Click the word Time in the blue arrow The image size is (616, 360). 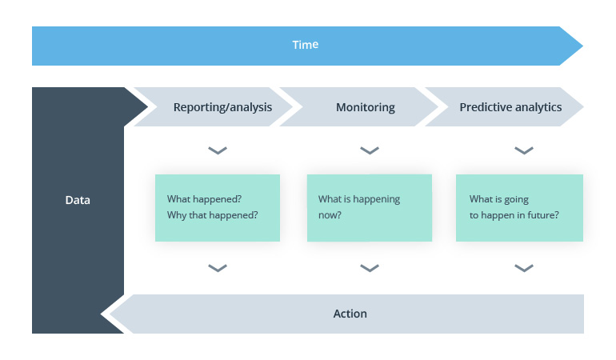click(305, 45)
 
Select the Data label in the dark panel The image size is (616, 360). click(78, 200)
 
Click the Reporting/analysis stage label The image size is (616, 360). click(222, 107)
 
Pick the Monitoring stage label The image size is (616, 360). click(365, 107)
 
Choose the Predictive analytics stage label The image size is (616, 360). click(510, 107)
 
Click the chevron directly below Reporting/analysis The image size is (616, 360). click(218, 150)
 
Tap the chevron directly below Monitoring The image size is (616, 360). click(369, 150)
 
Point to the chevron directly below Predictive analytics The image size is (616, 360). click(524, 150)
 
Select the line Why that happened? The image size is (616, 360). click(212, 215)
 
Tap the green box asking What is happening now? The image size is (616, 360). click(369, 207)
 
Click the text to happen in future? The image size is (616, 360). click(514, 215)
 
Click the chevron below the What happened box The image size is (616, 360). click(218, 268)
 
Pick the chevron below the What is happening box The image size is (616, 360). click(369, 268)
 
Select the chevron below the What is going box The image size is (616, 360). click(524, 268)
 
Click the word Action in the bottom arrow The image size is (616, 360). click(350, 314)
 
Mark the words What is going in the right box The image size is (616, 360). click(498, 199)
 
